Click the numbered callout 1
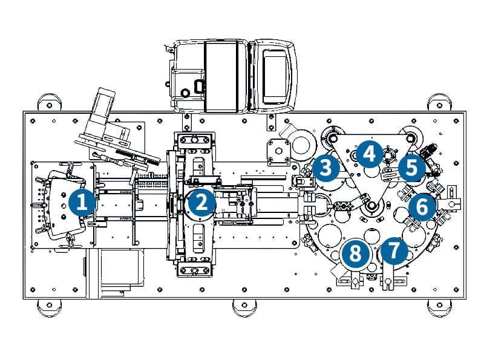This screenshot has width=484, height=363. pos(81,201)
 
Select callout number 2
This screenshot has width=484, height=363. pos(200,201)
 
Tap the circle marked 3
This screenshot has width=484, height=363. pos(325,167)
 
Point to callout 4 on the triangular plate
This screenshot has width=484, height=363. pos(368,154)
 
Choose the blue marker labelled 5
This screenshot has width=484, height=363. pos(411,168)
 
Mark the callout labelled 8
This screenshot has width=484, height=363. pos(355,253)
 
